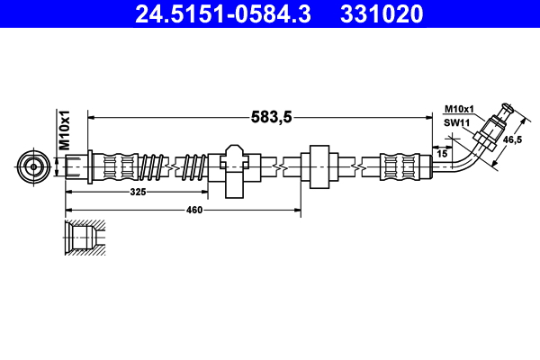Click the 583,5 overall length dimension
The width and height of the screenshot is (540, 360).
click(x=270, y=116)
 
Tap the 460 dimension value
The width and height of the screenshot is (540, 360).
click(x=194, y=210)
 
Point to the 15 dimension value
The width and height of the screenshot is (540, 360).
click(x=441, y=155)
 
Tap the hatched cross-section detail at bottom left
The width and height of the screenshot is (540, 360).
click(x=83, y=238)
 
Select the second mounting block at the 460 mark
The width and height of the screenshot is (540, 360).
click(x=319, y=166)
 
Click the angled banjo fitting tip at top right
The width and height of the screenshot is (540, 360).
click(x=505, y=114)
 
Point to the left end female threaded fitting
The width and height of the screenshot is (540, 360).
click(x=76, y=166)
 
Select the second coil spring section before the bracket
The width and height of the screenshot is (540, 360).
click(x=193, y=166)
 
